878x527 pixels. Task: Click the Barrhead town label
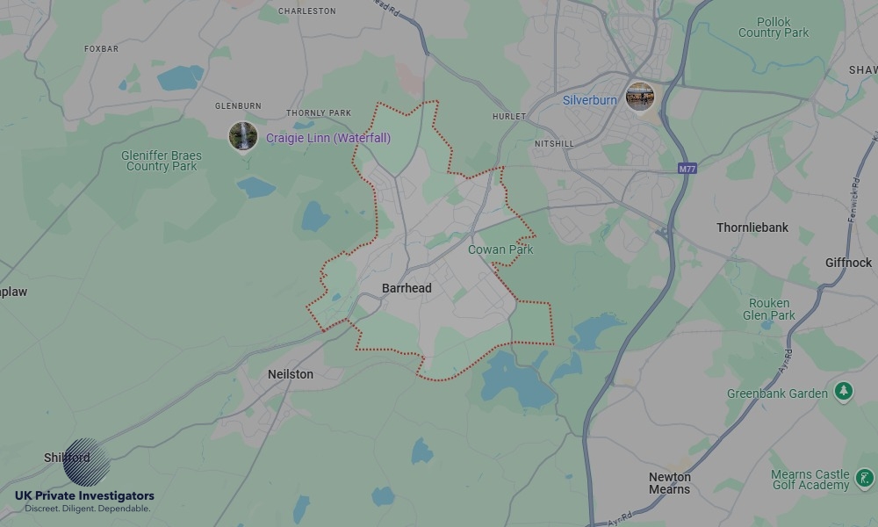click(407, 288)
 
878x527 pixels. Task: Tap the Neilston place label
click(290, 374)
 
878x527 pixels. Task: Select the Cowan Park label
click(500, 249)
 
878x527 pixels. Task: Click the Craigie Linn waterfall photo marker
click(243, 136)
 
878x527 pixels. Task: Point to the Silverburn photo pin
click(640, 96)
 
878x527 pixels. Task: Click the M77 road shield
click(687, 168)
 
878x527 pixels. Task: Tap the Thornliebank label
click(752, 227)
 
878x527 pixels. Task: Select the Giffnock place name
click(848, 263)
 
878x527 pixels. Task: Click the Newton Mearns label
click(670, 483)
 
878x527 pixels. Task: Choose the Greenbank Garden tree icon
click(844, 391)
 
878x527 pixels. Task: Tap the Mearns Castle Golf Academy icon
click(864, 480)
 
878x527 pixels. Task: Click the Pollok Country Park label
click(773, 27)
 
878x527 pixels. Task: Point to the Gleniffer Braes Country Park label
click(162, 161)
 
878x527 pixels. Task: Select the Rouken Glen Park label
click(769, 309)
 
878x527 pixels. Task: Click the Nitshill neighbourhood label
click(553, 143)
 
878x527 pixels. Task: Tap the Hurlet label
click(509, 116)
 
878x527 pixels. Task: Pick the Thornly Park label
click(318, 113)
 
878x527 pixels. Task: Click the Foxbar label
click(101, 49)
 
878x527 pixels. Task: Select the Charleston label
click(307, 11)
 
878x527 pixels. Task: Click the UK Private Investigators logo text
click(84, 496)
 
